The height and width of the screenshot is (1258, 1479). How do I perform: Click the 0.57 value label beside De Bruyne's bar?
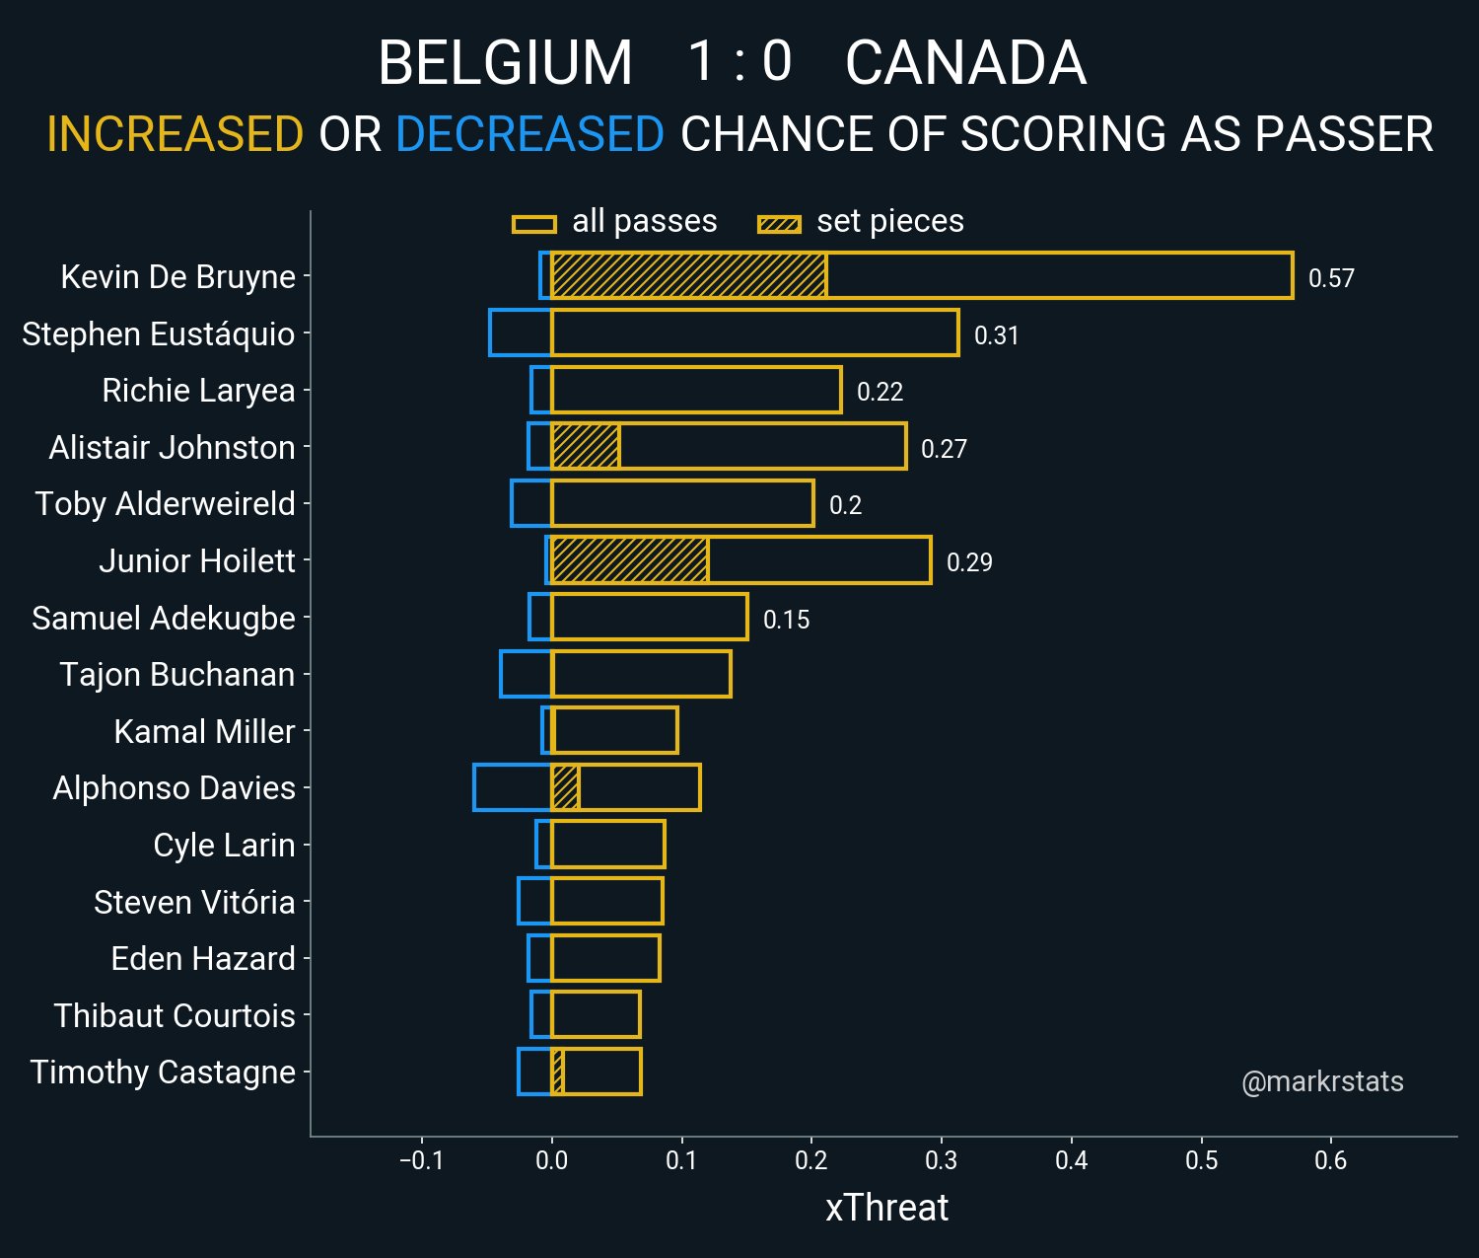coord(1330,278)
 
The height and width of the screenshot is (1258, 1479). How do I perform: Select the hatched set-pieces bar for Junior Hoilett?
coord(629,560)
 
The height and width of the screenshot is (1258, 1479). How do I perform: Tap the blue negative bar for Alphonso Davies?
coord(512,787)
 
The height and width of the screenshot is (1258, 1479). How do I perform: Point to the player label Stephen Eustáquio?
coord(158,333)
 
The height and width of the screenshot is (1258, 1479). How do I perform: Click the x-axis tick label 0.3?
coord(941,1160)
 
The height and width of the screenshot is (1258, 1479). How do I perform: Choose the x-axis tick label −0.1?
coord(421,1160)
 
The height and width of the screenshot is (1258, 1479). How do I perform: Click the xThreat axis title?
coord(886,1208)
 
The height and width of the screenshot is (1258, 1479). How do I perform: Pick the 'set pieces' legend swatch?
coord(779,224)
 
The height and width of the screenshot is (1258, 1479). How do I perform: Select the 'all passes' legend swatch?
coord(534,224)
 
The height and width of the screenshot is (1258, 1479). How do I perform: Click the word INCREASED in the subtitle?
coord(175,134)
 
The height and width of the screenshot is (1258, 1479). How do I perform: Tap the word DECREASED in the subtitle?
coord(529,134)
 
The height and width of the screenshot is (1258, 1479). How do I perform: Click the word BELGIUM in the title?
coord(505,63)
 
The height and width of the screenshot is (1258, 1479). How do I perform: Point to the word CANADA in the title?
coord(965,63)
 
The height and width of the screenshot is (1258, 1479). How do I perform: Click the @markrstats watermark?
coord(1322,1082)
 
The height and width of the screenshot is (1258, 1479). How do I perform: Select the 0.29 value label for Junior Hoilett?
coord(969,562)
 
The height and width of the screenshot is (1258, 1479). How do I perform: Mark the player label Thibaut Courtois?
coord(175,1015)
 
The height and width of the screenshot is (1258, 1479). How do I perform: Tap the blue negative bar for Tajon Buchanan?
coord(526,674)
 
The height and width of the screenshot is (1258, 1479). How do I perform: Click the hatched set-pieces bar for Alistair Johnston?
coord(585,447)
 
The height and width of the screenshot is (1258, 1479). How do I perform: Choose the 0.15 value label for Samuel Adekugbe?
coord(786,620)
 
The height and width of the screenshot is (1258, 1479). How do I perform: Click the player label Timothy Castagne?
coord(163,1073)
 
